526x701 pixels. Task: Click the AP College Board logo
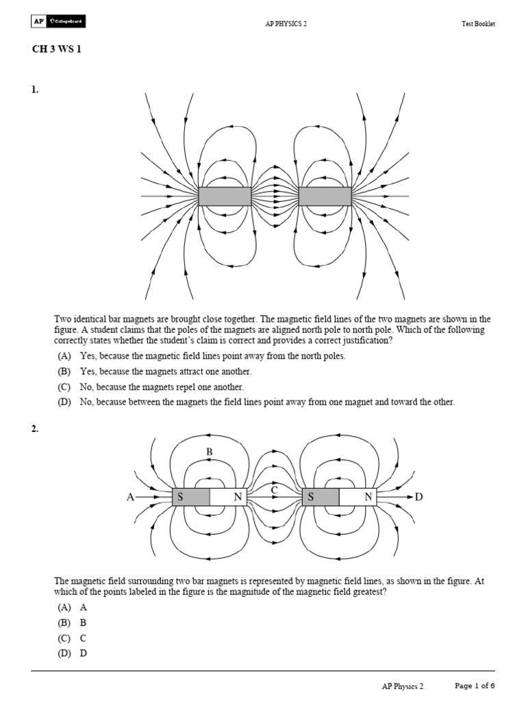point(58,23)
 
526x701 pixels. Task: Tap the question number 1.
point(34,90)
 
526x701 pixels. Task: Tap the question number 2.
point(34,429)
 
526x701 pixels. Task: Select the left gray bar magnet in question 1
point(225,196)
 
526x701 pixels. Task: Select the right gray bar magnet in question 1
point(325,196)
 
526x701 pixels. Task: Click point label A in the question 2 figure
point(130,498)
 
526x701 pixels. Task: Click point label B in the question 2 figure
point(210,453)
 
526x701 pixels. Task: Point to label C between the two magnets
point(274,490)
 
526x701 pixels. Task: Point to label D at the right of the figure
point(420,498)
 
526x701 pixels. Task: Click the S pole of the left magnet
point(181,498)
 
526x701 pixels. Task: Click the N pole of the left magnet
point(238,498)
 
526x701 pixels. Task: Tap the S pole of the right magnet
point(311,498)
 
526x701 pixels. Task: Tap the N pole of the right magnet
point(368,498)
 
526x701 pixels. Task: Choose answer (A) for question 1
point(66,357)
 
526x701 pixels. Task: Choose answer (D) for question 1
point(66,403)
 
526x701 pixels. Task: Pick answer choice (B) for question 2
point(66,623)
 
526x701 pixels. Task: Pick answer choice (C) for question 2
point(66,638)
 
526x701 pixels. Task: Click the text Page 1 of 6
point(475,686)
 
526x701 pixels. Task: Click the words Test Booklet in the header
point(477,24)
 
